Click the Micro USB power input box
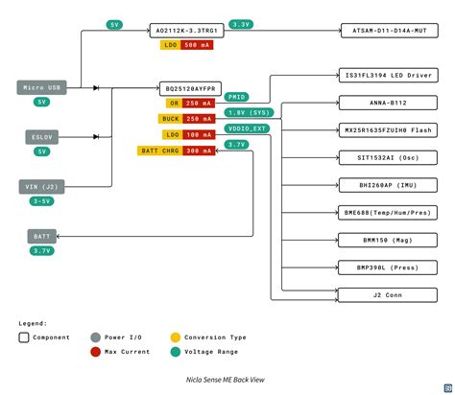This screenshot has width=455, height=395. [41, 87]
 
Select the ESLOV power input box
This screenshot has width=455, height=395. [41, 137]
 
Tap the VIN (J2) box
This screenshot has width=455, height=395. [41, 187]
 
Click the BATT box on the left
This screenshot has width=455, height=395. [41, 235]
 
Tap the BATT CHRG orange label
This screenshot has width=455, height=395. [160, 151]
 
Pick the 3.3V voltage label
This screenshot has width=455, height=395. [241, 25]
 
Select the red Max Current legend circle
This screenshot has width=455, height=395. [94, 352]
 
